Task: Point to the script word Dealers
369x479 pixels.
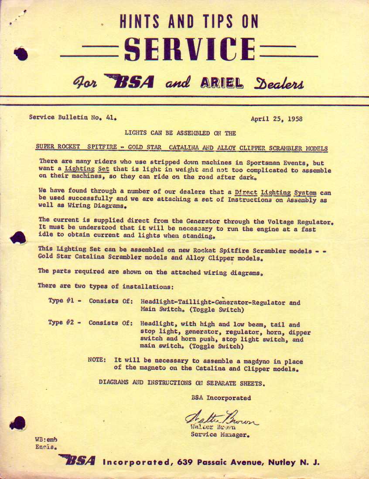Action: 279,83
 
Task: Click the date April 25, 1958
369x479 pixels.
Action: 277,119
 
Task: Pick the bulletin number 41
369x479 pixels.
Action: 111,117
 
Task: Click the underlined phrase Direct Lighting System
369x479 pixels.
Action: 275,192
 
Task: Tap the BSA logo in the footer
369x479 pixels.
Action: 77,460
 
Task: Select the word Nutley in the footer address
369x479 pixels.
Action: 284,462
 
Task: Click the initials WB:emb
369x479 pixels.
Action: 46,440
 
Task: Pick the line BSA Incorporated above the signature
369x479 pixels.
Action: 221,398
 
